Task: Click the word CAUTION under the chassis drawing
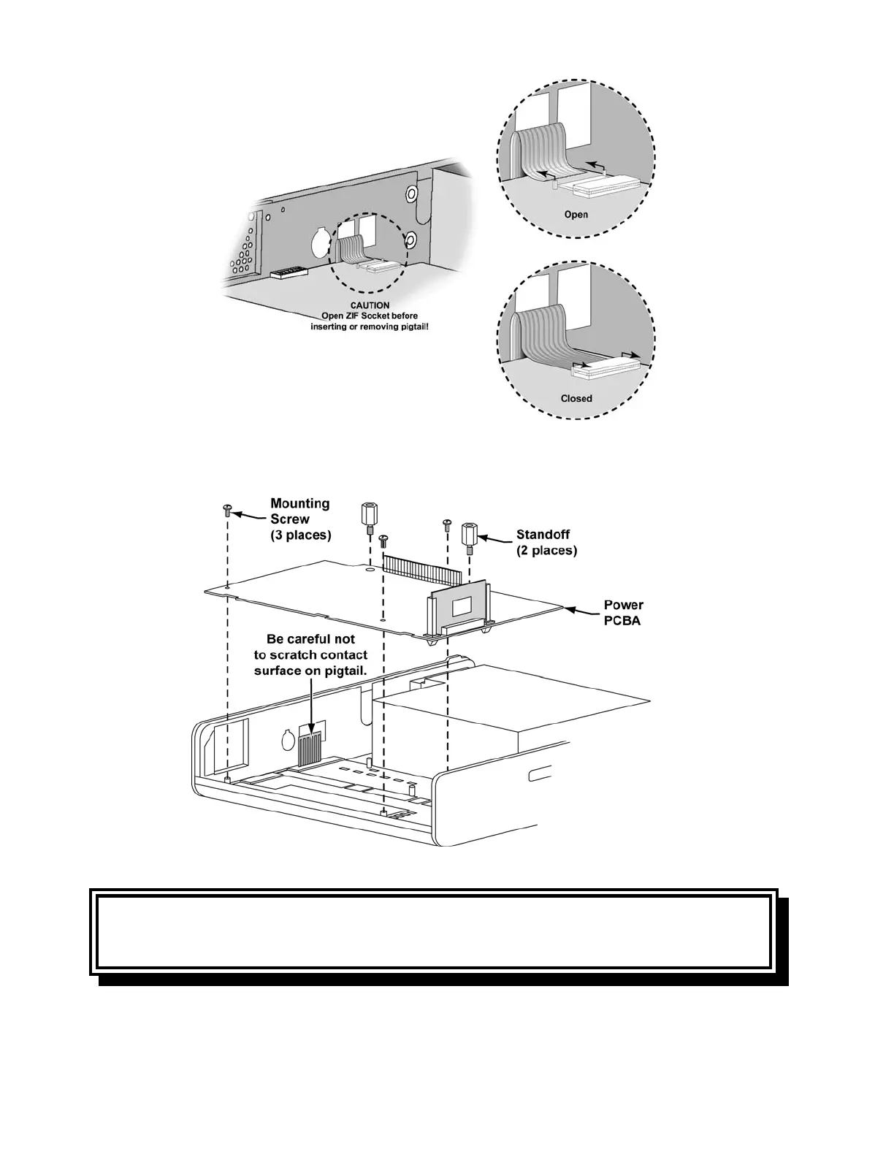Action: [x=370, y=305]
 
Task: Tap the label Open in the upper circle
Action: [x=576, y=215]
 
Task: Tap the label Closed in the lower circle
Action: [x=576, y=398]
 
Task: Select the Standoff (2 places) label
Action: [x=546, y=543]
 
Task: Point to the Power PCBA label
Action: [x=623, y=612]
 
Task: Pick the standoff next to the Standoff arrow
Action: [x=469, y=535]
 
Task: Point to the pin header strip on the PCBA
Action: [x=423, y=566]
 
